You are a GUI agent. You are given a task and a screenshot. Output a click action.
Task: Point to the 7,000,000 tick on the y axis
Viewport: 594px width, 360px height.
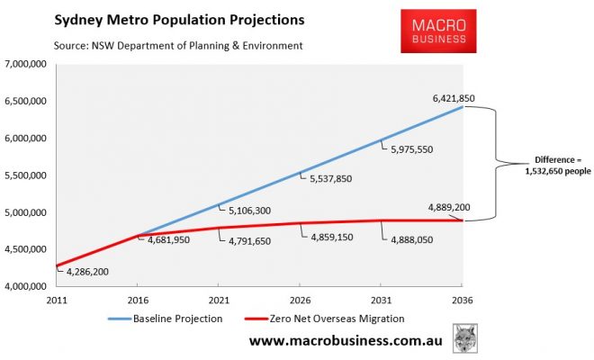coord(30,64)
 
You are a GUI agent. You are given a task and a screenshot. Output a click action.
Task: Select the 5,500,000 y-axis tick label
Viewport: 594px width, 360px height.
coord(30,175)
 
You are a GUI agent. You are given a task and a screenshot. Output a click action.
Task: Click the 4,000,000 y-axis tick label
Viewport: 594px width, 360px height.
coord(30,287)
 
